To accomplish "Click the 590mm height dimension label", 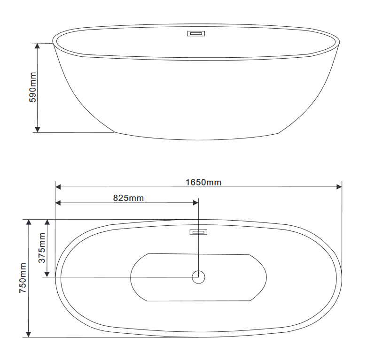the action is tap(33, 87).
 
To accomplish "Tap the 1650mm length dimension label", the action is tap(203, 183).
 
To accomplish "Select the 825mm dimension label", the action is tap(128, 198).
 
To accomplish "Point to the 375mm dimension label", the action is tap(42, 248).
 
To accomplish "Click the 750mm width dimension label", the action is tap(23, 278).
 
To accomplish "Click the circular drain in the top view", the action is tap(198, 277).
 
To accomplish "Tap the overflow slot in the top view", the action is tap(198, 232).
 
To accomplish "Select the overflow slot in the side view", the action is tap(196, 34).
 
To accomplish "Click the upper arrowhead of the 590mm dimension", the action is tap(38, 46).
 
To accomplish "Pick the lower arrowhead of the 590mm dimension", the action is tap(38, 130).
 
